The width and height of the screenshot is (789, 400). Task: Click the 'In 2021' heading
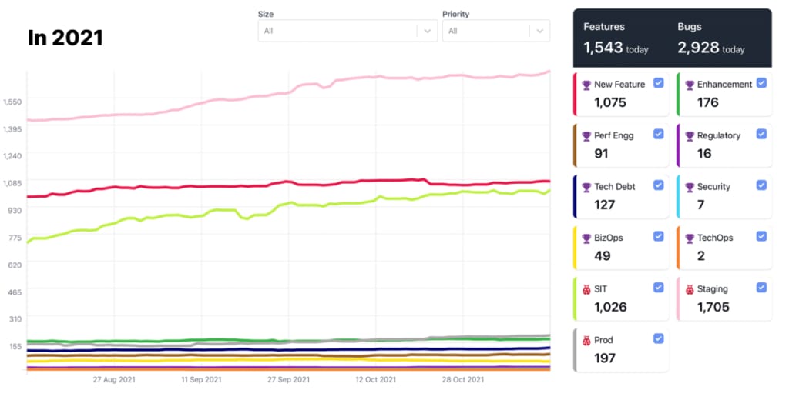click(x=65, y=38)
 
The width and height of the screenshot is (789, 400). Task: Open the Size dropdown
click(x=347, y=31)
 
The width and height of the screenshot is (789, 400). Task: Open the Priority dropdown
click(x=495, y=31)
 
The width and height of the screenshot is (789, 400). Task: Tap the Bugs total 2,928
click(x=700, y=48)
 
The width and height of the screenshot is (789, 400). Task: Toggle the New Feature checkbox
click(x=659, y=83)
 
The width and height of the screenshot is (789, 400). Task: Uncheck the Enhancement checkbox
click(x=761, y=83)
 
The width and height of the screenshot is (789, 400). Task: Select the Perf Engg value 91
click(x=602, y=153)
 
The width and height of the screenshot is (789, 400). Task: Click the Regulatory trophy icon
click(x=689, y=136)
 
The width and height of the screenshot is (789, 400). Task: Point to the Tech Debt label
click(x=615, y=187)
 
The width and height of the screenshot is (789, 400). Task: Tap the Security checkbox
click(x=761, y=185)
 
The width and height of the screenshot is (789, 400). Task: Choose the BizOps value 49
click(x=602, y=255)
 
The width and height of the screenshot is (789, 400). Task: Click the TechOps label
click(x=715, y=238)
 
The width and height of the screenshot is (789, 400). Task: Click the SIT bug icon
click(x=586, y=290)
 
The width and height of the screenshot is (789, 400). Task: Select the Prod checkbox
click(x=659, y=338)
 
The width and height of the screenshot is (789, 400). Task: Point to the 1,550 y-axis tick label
click(x=13, y=102)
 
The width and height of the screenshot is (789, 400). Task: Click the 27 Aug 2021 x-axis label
click(x=114, y=379)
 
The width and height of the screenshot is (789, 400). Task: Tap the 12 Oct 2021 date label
click(x=375, y=379)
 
